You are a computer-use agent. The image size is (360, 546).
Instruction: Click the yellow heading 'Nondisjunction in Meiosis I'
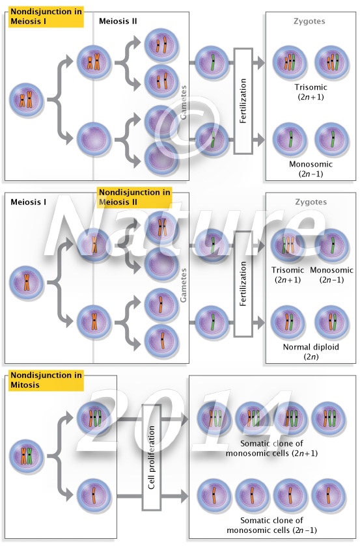(x=43, y=16)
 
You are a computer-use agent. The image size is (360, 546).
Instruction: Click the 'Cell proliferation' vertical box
(x=151, y=458)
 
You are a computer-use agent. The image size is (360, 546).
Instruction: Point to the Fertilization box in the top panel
(x=243, y=101)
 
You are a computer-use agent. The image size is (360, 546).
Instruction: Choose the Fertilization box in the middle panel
(x=243, y=284)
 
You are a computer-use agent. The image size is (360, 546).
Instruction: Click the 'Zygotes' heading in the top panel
(x=310, y=21)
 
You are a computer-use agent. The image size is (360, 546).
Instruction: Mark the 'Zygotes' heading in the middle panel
(x=310, y=202)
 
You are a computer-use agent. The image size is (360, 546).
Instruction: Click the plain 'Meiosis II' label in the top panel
(x=118, y=21)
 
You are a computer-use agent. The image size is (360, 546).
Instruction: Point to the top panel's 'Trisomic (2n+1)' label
(x=310, y=92)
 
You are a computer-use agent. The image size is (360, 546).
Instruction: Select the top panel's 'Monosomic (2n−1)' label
(x=310, y=169)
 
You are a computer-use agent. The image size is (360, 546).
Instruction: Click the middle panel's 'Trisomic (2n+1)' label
(x=288, y=275)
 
